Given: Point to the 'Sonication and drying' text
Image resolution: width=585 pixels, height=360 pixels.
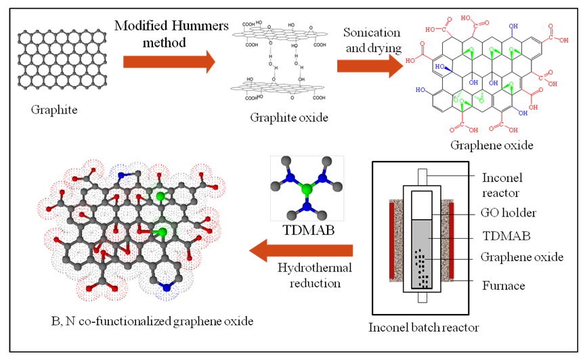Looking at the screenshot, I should (372, 40).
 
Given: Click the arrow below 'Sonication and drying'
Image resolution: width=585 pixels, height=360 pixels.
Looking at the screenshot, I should (368, 65).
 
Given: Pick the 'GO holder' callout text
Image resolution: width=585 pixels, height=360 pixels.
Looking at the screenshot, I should (508, 213).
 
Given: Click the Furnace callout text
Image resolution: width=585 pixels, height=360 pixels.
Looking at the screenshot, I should (502, 286).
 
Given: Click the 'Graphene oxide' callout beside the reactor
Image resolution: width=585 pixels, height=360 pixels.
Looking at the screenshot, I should (521, 258).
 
